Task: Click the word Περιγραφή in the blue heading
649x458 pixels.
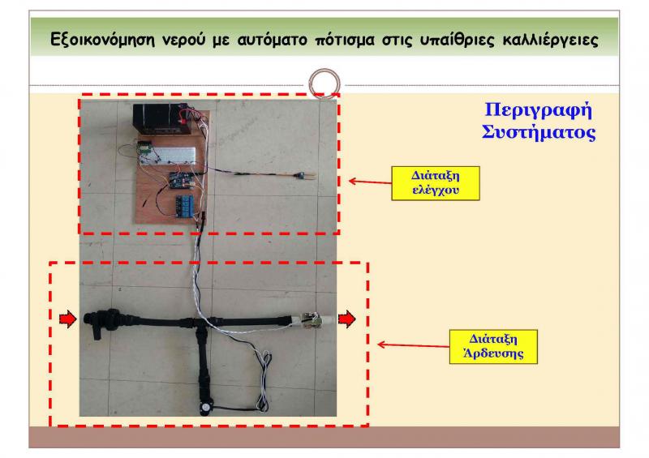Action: (539, 109)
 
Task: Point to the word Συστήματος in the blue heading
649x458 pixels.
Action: (539, 132)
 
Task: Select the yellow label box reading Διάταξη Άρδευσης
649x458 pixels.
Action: (492, 345)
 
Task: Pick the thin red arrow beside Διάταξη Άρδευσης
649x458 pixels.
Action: (410, 345)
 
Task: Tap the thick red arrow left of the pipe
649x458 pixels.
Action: (67, 319)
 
